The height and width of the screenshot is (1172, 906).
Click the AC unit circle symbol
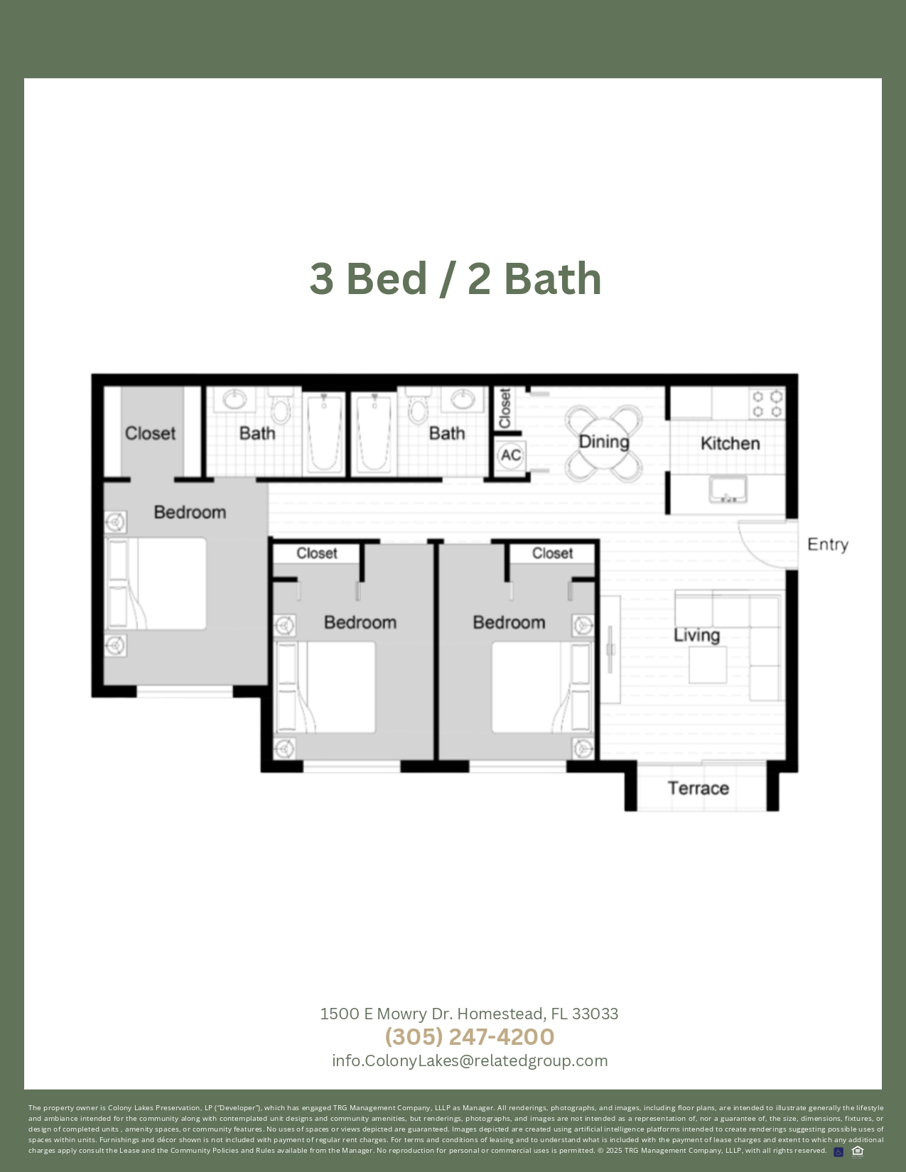tap(510, 455)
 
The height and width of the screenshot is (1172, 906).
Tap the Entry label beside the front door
tap(828, 545)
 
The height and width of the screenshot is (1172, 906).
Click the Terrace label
tap(699, 788)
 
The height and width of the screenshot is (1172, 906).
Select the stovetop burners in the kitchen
tap(767, 404)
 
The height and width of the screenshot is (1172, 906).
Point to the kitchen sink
tap(728, 489)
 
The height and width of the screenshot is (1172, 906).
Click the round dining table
tap(604, 443)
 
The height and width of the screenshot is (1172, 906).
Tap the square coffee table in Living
tap(708, 665)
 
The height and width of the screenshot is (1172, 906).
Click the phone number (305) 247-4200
tap(470, 1036)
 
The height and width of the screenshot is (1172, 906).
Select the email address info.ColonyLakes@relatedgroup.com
tap(470, 1061)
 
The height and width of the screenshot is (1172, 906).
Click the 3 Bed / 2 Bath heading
tap(455, 279)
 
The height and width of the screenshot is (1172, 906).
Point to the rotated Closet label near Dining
tap(505, 408)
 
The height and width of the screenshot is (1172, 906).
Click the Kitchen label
tap(730, 443)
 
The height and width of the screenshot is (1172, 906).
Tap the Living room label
tap(696, 635)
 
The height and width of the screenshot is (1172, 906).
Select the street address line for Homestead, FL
tap(469, 1014)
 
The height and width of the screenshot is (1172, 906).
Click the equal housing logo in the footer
tap(858, 1151)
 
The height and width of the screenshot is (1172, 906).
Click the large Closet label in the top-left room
tap(150, 433)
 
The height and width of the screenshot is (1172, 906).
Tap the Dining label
tap(604, 442)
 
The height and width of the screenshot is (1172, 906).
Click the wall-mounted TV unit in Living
tap(610, 649)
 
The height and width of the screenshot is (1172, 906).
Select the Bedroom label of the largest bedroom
tap(190, 512)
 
